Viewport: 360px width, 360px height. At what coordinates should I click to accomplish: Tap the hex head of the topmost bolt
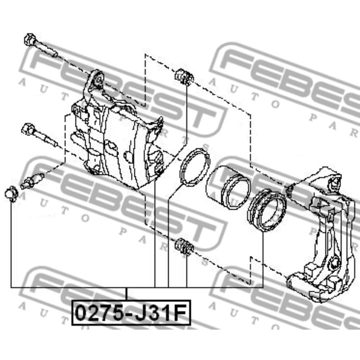coord(30,40)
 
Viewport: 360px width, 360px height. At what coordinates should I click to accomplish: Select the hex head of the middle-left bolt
coord(28,129)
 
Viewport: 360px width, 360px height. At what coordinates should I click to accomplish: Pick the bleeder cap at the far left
coord(11,194)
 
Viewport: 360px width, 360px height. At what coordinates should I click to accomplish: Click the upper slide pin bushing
coord(184,77)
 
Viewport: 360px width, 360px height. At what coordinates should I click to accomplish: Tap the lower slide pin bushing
coord(184,247)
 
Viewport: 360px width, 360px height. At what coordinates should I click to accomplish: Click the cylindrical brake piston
coord(228,188)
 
